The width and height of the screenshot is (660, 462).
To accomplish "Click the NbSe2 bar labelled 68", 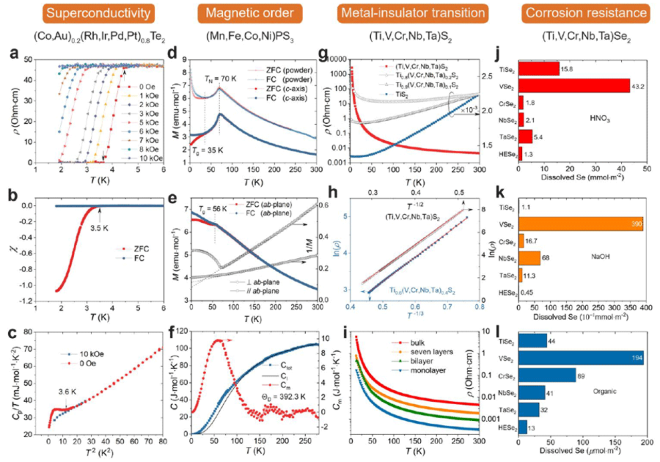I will click(529, 257).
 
